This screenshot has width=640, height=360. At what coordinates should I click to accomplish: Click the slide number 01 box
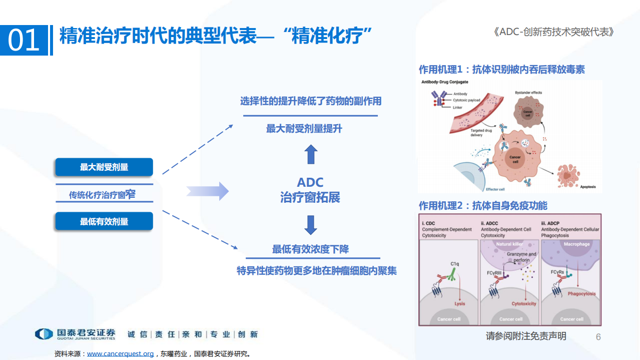[x=25, y=40]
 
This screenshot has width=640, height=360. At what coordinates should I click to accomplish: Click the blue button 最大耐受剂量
[x=104, y=167]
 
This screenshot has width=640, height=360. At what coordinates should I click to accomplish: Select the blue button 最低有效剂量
[x=104, y=221]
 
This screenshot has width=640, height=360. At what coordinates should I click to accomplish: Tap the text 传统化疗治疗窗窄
[x=103, y=195]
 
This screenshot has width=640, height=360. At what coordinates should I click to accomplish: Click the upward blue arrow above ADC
[x=311, y=154]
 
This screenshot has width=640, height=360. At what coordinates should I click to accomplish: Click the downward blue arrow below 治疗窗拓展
[x=311, y=225]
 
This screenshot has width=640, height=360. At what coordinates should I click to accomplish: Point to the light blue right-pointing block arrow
[x=207, y=191]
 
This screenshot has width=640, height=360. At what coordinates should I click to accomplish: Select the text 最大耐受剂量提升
[x=304, y=129]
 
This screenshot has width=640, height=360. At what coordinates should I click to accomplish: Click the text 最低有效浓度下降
[x=310, y=249]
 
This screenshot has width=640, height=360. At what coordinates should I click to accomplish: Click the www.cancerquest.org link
[x=121, y=353]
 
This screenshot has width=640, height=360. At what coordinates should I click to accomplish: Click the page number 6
[x=598, y=337]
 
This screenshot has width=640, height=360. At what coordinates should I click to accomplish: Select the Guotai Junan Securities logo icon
[x=44, y=334]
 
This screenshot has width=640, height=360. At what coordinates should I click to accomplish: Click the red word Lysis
[x=459, y=304]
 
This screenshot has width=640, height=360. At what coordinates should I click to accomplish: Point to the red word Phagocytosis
[x=581, y=294]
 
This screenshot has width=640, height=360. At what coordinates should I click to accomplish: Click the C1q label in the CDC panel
[x=454, y=264]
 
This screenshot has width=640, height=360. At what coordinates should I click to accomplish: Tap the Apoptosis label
[x=587, y=187]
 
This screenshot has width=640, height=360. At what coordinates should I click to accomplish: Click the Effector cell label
[x=496, y=189]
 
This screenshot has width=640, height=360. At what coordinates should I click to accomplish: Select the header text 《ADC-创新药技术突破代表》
[x=553, y=32]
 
